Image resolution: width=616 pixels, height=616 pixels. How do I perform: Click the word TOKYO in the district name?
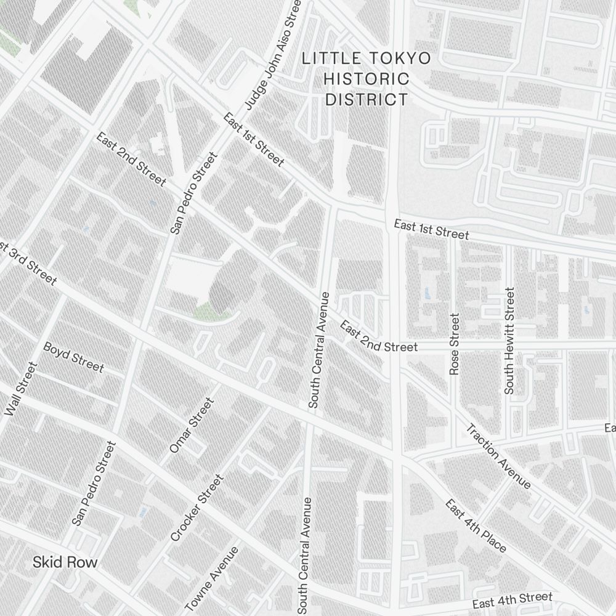click(x=400, y=59)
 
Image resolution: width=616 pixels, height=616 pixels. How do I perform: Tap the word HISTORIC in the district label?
click(x=367, y=79)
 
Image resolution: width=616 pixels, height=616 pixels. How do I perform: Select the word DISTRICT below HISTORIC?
click(x=367, y=99)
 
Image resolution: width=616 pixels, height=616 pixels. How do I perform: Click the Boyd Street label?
click(x=73, y=357)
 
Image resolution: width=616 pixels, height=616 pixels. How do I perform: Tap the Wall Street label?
click(x=21, y=389)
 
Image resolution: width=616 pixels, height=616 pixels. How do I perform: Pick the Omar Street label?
click(x=192, y=425)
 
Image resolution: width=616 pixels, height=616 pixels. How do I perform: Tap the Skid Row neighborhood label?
click(x=65, y=562)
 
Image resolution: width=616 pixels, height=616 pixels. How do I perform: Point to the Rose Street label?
click(x=455, y=344)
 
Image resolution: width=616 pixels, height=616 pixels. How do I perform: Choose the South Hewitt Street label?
click(x=509, y=341)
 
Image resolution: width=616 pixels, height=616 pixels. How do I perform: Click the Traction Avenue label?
click(x=498, y=456)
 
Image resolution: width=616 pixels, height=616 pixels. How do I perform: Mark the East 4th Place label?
click(x=476, y=525)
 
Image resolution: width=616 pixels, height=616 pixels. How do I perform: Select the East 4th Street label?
click(x=513, y=600)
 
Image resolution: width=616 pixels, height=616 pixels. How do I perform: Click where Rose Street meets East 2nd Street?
click(x=455, y=348)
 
